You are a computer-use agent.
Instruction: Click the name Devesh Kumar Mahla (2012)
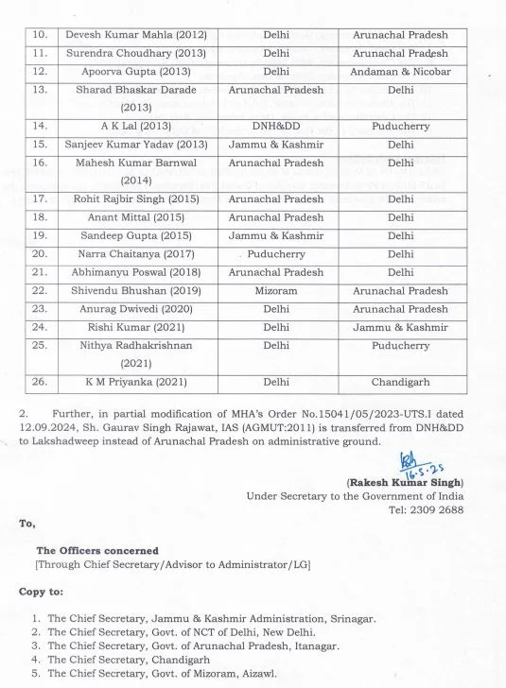click(x=135, y=35)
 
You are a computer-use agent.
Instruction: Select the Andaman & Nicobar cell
click(x=400, y=72)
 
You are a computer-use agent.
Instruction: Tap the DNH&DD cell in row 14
click(x=276, y=125)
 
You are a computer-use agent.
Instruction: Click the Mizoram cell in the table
click(x=276, y=291)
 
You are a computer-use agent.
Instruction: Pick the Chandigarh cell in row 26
click(x=400, y=383)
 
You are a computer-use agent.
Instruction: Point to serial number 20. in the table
click(x=41, y=254)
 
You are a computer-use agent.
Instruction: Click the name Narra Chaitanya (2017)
click(x=135, y=254)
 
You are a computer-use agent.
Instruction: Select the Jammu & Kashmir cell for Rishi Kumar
click(x=400, y=328)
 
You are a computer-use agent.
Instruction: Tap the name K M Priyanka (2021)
click(x=135, y=383)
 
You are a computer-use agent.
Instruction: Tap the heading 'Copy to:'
click(x=42, y=592)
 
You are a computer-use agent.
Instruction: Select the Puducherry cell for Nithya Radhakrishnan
click(x=400, y=346)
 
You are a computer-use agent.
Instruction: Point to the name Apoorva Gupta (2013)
click(x=135, y=72)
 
